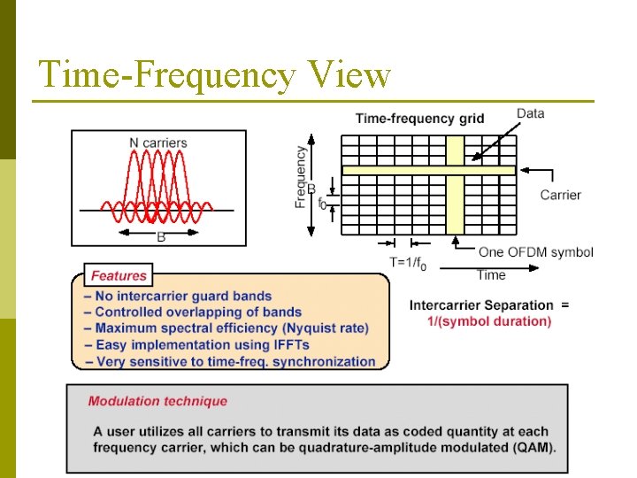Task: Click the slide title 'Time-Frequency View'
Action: (x=214, y=75)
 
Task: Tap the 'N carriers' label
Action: (x=157, y=142)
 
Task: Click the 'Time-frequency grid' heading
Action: (x=419, y=119)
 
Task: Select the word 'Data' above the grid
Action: (x=530, y=113)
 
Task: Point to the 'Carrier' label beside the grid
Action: (x=560, y=195)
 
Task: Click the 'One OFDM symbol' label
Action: (x=536, y=252)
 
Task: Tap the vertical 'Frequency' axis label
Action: (x=302, y=177)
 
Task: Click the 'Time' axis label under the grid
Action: (x=491, y=274)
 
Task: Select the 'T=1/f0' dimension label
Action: (x=408, y=262)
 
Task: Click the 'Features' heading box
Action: (x=119, y=275)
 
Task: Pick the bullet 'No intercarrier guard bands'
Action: (x=178, y=296)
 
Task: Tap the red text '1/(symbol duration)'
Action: (x=488, y=320)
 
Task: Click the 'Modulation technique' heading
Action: (x=157, y=401)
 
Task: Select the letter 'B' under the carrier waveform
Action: (x=160, y=236)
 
